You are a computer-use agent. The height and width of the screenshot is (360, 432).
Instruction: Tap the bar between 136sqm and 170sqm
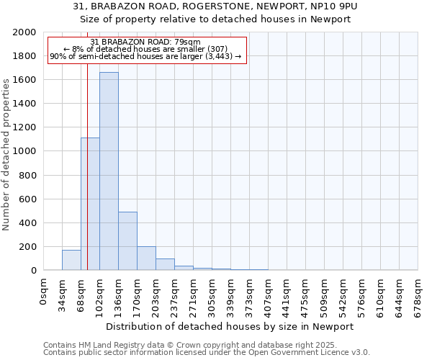(x=127, y=241)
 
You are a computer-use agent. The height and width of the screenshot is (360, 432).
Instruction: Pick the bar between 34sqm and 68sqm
(x=71, y=260)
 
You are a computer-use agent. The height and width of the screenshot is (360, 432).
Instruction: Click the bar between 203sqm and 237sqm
(x=165, y=264)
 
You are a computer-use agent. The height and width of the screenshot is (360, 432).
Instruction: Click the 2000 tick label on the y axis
(x=24, y=32)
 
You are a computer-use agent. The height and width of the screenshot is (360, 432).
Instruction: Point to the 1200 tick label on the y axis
(x=24, y=127)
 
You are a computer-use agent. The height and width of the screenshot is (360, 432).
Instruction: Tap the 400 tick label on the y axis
(x=27, y=223)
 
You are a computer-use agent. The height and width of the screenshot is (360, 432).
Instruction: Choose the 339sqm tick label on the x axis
(x=231, y=296)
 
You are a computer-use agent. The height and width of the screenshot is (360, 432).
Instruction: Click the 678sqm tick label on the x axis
(x=418, y=296)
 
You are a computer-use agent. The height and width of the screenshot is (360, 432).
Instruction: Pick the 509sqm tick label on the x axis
(x=325, y=296)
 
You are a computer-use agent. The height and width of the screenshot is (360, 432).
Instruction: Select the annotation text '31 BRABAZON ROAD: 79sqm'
(x=145, y=42)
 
